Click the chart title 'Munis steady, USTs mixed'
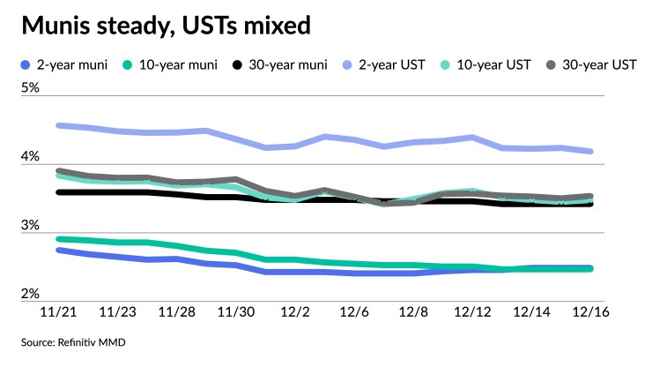tap(166, 26)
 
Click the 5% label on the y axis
tap(31, 88)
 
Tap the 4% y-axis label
tap(31, 157)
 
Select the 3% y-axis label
tap(31, 226)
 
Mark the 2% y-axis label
tap(31, 295)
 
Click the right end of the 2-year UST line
tap(589, 152)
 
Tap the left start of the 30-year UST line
tap(59, 171)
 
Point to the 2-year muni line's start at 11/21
tap(59, 251)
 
